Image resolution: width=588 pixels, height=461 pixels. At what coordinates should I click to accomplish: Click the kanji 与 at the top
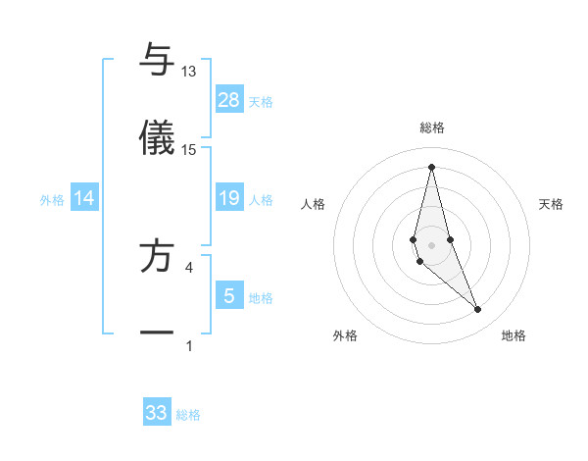pyautogui.click(x=157, y=60)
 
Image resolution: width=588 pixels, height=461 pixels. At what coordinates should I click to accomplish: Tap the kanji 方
pyautogui.click(x=157, y=254)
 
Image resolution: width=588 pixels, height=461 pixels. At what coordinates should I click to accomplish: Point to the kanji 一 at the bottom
pyautogui.click(x=157, y=333)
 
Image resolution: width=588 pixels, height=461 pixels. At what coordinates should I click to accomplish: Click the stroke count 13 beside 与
pyautogui.click(x=189, y=72)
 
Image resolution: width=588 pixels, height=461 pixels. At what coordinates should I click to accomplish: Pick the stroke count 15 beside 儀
pyautogui.click(x=189, y=149)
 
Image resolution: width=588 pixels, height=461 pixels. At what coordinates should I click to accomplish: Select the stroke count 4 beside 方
pyautogui.click(x=189, y=266)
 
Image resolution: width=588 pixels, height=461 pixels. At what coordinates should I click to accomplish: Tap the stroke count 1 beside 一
pyautogui.click(x=189, y=344)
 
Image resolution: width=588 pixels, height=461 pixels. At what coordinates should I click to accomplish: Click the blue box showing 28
pyautogui.click(x=229, y=100)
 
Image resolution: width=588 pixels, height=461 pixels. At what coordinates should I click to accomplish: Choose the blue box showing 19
pyautogui.click(x=229, y=199)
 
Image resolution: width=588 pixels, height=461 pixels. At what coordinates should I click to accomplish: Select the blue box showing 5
pyautogui.click(x=229, y=296)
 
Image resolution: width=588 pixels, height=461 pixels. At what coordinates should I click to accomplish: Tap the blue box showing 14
pyautogui.click(x=84, y=199)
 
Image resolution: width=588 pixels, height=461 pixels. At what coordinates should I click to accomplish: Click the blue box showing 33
pyautogui.click(x=157, y=413)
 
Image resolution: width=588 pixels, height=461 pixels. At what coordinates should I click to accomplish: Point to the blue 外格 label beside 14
pyautogui.click(x=52, y=200)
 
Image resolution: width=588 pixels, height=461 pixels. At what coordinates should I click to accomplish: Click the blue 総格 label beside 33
pyautogui.click(x=188, y=415)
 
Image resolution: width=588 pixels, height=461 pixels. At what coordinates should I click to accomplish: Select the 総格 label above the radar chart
pyautogui.click(x=431, y=128)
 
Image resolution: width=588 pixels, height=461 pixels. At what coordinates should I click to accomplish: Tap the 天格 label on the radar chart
pyautogui.click(x=551, y=204)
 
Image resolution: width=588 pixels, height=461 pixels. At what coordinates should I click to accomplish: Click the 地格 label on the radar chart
pyautogui.click(x=514, y=335)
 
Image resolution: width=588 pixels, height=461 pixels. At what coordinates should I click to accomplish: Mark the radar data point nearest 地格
pyautogui.click(x=478, y=310)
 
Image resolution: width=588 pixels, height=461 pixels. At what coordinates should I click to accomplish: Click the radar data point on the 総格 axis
pyautogui.click(x=431, y=166)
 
